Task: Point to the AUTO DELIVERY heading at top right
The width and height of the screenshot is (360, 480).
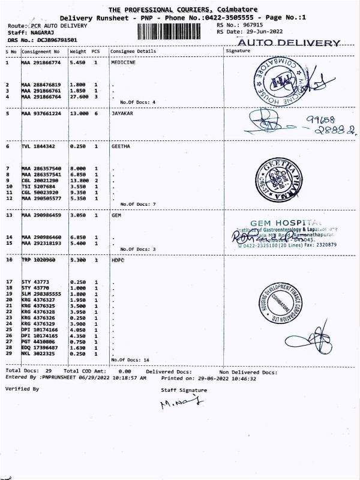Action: (289, 43)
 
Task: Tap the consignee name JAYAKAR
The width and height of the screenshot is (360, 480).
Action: (124, 113)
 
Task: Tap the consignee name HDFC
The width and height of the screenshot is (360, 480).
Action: (119, 261)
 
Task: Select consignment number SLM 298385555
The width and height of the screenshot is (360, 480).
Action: (41, 294)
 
